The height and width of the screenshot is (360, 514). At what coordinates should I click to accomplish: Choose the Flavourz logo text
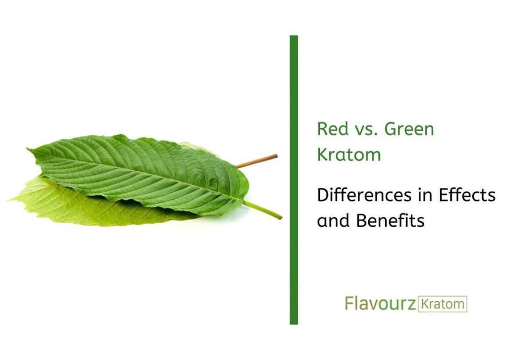pos(380,304)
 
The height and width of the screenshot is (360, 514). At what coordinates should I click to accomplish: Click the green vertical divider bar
pos(294,180)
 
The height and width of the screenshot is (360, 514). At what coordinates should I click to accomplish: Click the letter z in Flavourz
pos(410,304)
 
